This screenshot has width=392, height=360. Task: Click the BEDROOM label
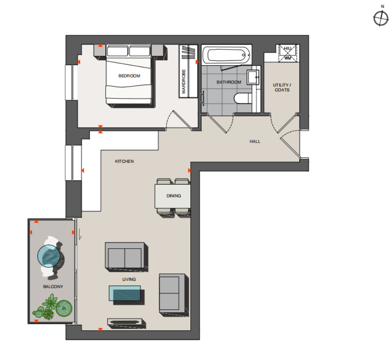[x=129, y=76]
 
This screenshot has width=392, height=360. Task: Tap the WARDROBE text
[x=184, y=82]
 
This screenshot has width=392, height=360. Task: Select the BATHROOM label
[x=229, y=82]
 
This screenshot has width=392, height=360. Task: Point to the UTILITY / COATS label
[x=282, y=87]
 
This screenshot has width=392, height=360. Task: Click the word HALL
[x=255, y=142]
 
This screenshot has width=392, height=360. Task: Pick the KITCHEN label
[x=124, y=162]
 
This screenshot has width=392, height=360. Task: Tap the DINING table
[x=173, y=196]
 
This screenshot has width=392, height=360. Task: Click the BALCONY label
[x=53, y=287]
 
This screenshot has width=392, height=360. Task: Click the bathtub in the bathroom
[x=226, y=55]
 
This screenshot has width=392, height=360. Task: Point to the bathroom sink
[x=253, y=77]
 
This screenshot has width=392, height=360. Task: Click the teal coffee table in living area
[x=125, y=293]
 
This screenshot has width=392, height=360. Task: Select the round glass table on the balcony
[x=49, y=256]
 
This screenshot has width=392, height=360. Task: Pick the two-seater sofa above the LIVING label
[x=125, y=255]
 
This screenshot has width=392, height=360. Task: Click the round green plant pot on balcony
[x=64, y=308]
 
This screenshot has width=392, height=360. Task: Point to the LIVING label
[x=129, y=279]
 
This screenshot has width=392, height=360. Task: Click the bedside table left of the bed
[x=100, y=51]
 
